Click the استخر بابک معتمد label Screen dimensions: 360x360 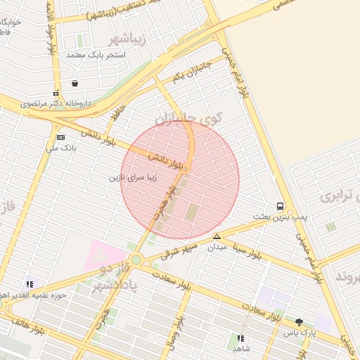point(95,54)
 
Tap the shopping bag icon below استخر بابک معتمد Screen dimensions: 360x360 point(75,84)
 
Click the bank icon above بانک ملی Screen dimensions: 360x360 point(60,137)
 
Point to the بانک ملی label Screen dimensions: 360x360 point(60,148)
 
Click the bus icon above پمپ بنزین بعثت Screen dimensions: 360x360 point(281,207)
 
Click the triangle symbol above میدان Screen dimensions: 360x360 point(217,236)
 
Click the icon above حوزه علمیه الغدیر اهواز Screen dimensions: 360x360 point(30,285)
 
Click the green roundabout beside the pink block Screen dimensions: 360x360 point(136,260)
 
